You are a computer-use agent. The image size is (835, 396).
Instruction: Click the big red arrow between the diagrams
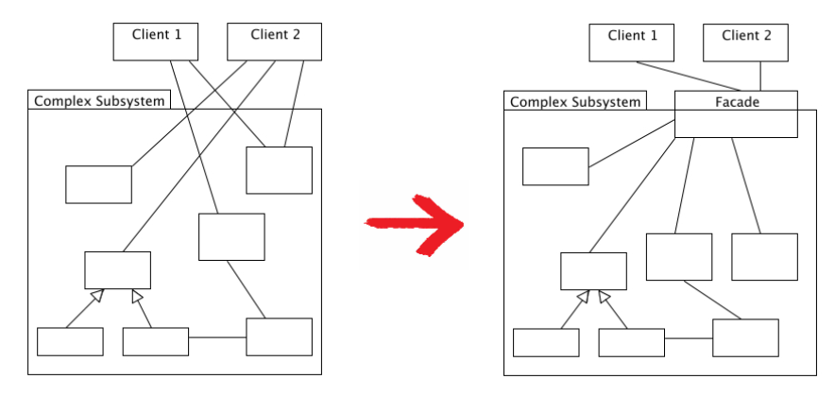coord(411,224)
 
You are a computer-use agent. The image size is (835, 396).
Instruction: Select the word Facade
coord(736,100)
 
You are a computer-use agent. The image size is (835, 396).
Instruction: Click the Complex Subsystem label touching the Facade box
coord(575,101)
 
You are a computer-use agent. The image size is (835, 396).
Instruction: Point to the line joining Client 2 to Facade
coord(760,76)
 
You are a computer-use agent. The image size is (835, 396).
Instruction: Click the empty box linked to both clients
coord(279,170)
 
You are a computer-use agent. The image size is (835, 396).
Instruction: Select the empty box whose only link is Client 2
coord(98,184)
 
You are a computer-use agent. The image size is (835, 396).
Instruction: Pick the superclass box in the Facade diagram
coord(593,271)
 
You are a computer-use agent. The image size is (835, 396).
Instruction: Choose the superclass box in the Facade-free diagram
coord(117,270)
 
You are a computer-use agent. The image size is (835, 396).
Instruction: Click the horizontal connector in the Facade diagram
coord(689,337)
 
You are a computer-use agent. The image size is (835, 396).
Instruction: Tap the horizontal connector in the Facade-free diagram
coord(217,337)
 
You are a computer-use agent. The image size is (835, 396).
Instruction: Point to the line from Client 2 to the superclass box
coord(198,156)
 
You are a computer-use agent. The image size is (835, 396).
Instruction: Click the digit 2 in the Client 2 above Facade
coord(766,36)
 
